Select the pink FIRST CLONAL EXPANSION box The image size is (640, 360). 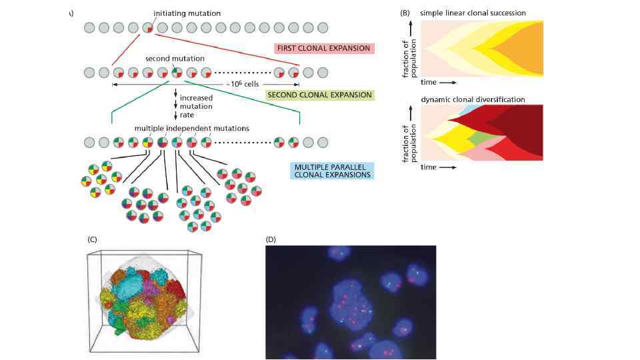325,49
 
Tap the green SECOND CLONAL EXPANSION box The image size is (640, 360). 319,95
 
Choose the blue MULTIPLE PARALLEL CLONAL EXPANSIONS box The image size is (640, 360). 332,170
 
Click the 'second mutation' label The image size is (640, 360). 175,59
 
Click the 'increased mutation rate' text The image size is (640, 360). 196,106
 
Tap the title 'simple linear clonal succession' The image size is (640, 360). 473,13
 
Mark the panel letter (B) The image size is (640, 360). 404,13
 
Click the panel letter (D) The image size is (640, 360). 271,239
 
